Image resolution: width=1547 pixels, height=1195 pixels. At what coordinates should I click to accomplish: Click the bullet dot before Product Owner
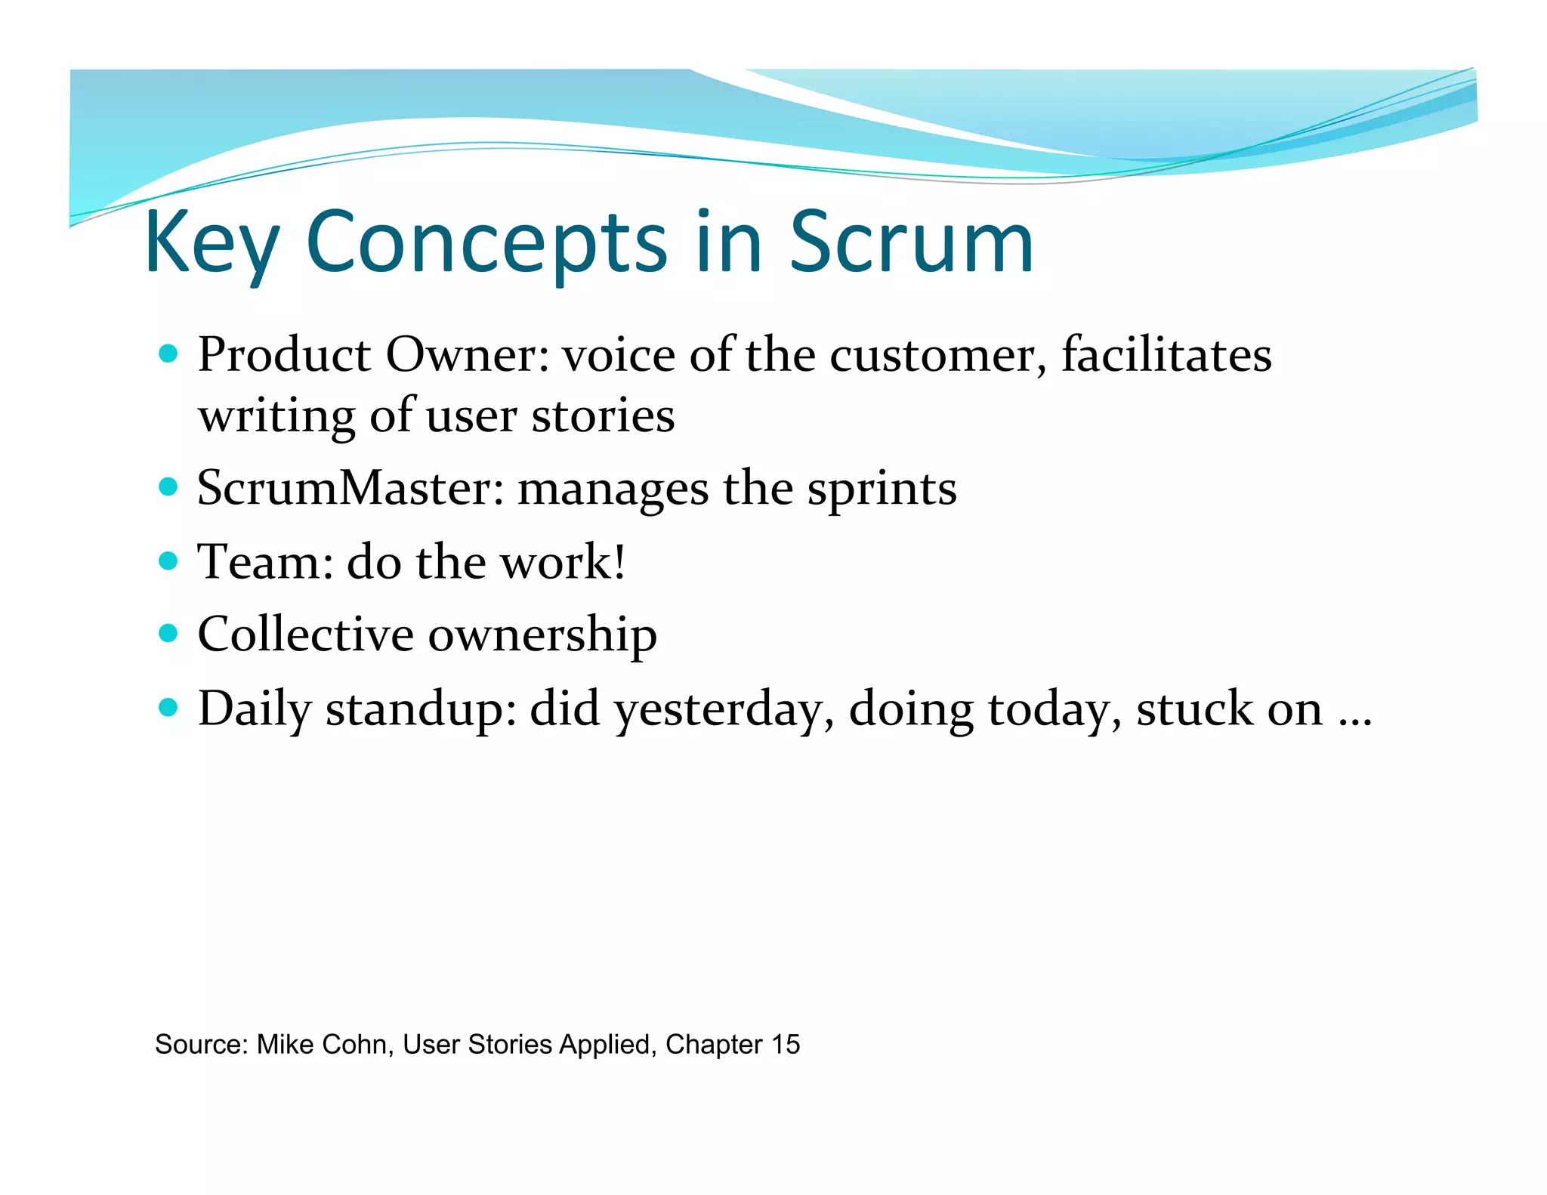tap(168, 354)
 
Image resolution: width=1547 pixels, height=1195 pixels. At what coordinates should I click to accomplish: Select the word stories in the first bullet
tap(603, 416)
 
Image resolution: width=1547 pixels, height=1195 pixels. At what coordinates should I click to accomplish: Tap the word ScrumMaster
tap(350, 488)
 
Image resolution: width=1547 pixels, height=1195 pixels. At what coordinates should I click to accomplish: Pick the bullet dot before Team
tap(168, 561)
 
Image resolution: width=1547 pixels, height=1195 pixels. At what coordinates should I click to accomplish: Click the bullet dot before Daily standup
tap(168, 708)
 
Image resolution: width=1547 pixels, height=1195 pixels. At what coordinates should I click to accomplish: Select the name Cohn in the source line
tap(358, 1045)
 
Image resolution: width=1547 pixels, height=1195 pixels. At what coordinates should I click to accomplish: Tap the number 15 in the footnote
tap(785, 1045)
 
